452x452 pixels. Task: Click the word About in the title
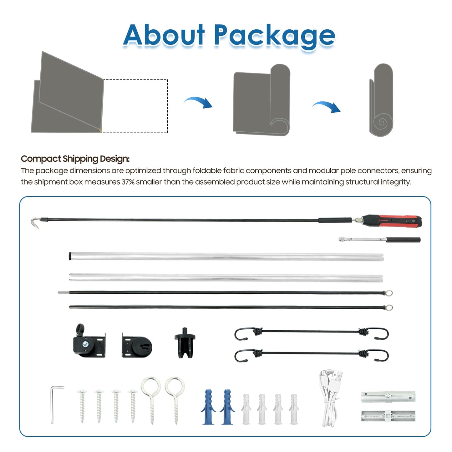click(164, 35)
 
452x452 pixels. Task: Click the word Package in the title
click(275, 37)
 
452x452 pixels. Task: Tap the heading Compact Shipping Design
click(75, 159)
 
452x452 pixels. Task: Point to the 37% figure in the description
click(128, 182)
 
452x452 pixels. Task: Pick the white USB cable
click(331, 398)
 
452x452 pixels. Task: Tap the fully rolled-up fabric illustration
click(381, 100)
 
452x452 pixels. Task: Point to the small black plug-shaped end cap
click(185, 343)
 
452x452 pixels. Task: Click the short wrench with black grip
click(379, 240)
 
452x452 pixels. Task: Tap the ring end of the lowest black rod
click(389, 307)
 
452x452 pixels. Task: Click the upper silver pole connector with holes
click(388, 397)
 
